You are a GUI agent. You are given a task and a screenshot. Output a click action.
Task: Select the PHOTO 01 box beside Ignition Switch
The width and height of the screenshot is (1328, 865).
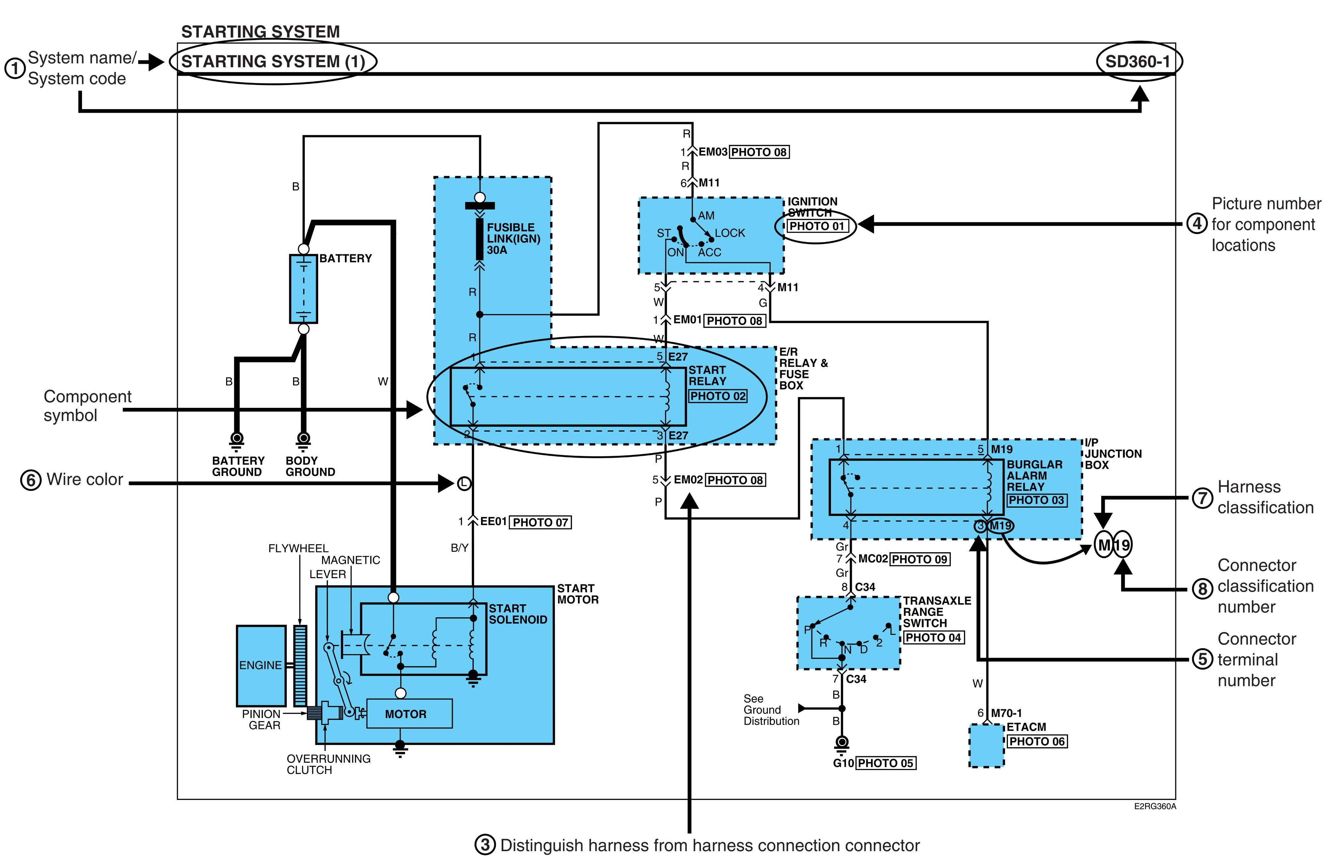pyautogui.click(x=817, y=226)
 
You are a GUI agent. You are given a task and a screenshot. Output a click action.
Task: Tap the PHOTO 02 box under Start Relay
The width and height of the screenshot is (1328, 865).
pyautogui.click(x=717, y=396)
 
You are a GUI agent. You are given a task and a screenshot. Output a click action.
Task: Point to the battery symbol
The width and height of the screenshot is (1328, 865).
pyautogui.click(x=303, y=289)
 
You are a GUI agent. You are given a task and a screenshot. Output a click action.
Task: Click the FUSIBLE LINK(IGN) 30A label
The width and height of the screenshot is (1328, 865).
pyautogui.click(x=513, y=239)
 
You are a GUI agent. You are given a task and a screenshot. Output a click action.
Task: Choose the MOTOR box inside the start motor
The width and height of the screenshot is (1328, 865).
pyautogui.click(x=409, y=714)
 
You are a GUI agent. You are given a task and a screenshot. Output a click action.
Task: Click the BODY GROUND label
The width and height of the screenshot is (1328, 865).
pyautogui.click(x=310, y=466)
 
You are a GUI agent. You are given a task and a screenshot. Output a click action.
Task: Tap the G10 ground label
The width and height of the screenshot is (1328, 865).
pyautogui.click(x=843, y=763)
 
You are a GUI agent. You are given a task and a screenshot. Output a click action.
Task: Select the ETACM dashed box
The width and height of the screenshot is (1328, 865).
pyautogui.click(x=986, y=745)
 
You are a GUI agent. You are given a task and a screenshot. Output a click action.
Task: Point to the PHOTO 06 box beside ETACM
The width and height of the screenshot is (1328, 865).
pyautogui.click(x=1037, y=742)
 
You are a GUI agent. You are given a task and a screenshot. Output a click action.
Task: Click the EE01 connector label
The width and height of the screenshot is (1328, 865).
pyautogui.click(x=493, y=521)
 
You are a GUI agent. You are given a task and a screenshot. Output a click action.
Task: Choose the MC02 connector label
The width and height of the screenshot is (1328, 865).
pyautogui.click(x=873, y=559)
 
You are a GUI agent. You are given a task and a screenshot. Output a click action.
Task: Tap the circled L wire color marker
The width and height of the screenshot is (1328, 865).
pyautogui.click(x=464, y=483)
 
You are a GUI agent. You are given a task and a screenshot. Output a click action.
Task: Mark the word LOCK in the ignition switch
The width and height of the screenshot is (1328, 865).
pyautogui.click(x=730, y=233)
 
